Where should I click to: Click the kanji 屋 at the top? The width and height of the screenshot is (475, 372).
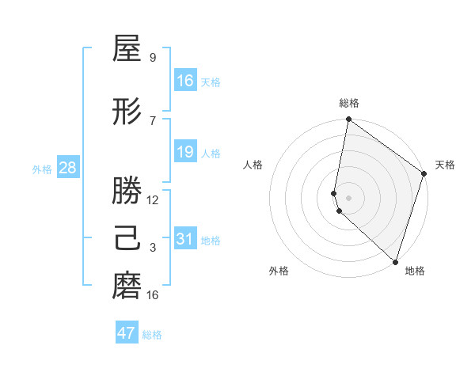[x=127, y=49]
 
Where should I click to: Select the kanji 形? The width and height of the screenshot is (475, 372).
[x=127, y=112]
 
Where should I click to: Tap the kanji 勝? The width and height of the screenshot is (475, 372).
[x=127, y=192]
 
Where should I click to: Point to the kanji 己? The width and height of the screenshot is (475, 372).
[x=127, y=239]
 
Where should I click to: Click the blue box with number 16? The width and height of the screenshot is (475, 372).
[x=185, y=81]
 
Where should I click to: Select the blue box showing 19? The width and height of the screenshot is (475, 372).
[x=185, y=152]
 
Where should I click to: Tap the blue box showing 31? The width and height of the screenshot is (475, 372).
[x=185, y=239]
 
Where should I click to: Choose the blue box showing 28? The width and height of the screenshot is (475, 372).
[x=67, y=168]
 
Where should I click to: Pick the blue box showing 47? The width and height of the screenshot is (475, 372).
[x=127, y=333]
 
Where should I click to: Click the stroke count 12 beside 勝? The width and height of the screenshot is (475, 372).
[x=153, y=200]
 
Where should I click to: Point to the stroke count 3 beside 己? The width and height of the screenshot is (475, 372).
[x=153, y=248]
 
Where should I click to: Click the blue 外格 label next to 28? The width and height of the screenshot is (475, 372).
[x=42, y=169]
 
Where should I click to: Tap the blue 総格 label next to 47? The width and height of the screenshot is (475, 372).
[x=152, y=335]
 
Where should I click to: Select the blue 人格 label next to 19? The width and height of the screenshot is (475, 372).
[x=211, y=153]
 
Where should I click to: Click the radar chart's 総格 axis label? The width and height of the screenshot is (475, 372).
[x=349, y=103]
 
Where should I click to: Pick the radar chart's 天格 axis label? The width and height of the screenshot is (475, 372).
[x=445, y=165]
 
